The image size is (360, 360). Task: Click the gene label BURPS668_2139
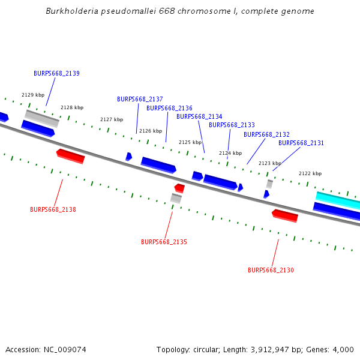[56, 73]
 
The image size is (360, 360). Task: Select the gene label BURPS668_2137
[140, 99]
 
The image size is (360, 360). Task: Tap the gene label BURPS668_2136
[169, 108]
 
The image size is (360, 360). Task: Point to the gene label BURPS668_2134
[199, 116]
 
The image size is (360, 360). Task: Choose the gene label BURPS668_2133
[232, 125]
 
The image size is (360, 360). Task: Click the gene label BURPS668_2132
[266, 134]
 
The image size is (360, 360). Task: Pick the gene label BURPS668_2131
[301, 143]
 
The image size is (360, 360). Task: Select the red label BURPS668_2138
[53, 209]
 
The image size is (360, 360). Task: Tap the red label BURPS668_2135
[164, 242]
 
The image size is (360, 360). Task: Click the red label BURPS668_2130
[271, 270]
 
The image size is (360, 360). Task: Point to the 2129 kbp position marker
[33, 95]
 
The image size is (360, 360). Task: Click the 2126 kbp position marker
[151, 131]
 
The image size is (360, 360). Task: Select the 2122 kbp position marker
[310, 173]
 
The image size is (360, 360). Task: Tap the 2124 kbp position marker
[230, 153]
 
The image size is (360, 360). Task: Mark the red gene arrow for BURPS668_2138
[70, 156]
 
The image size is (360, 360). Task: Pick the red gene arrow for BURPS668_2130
[285, 215]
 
